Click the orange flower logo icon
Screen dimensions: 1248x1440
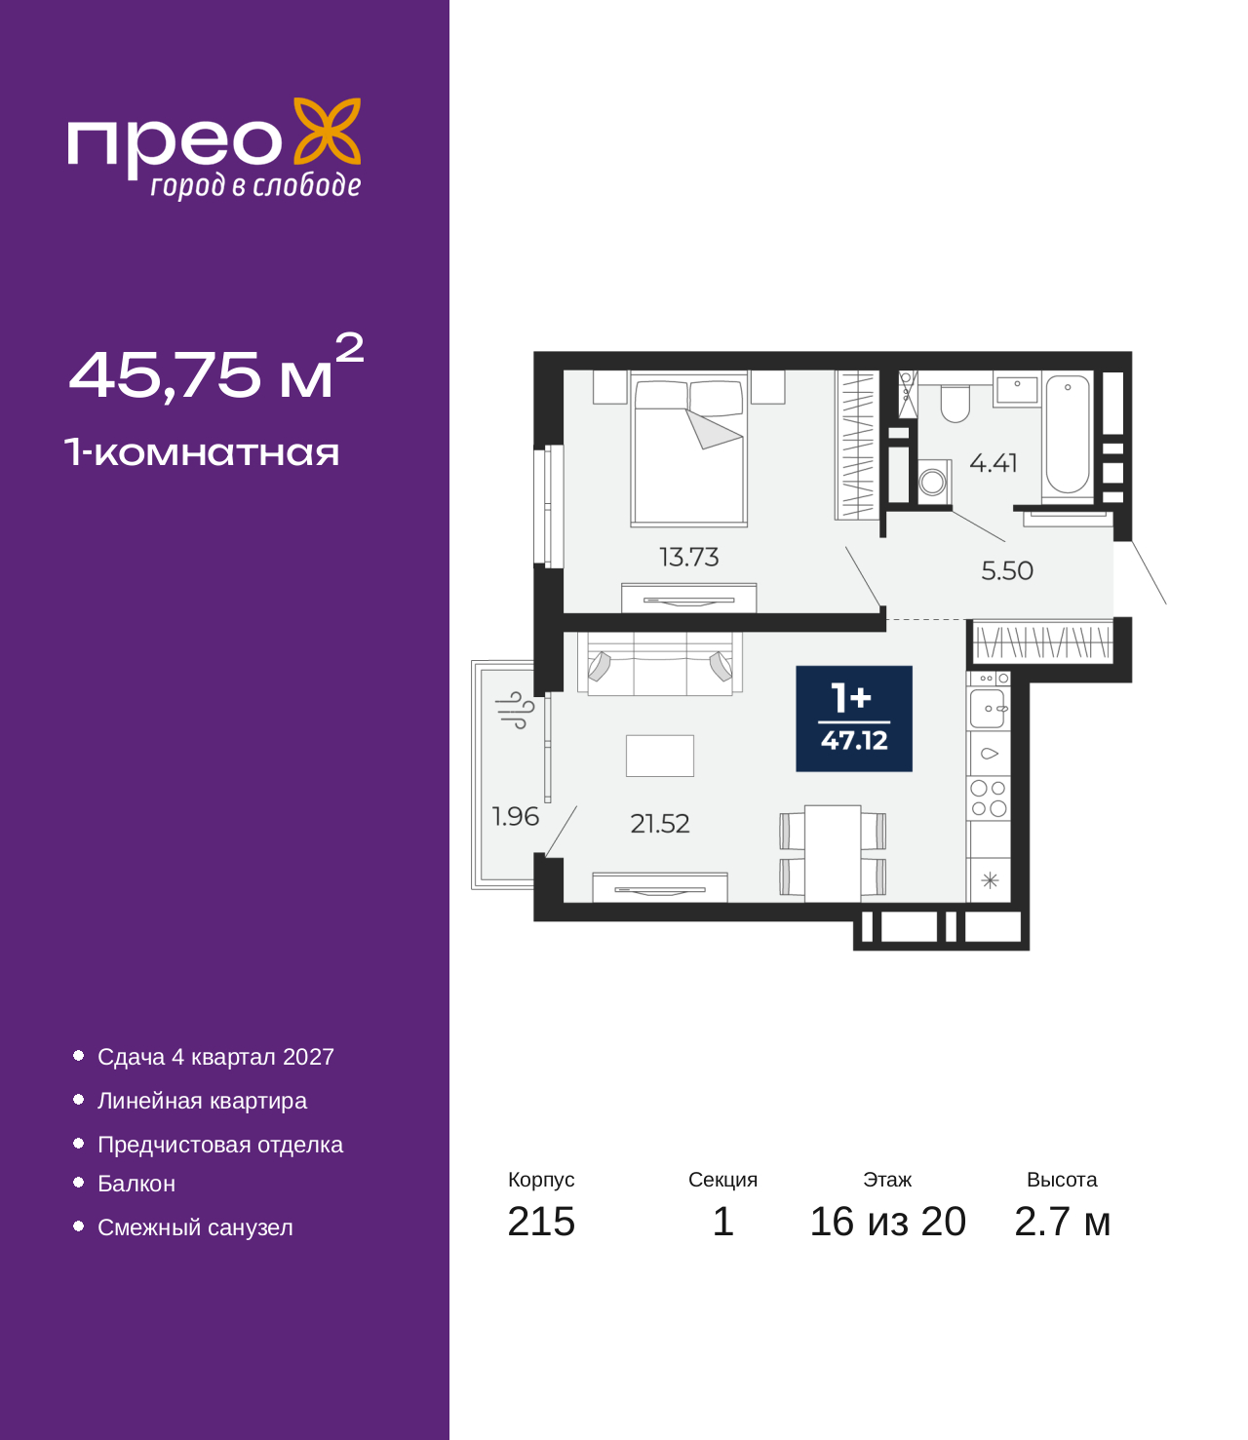[327, 132]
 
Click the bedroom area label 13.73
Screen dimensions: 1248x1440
[688, 558]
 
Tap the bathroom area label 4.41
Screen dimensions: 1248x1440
[993, 462]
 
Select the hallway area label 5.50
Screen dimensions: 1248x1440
[1007, 570]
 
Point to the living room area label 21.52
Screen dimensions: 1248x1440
[660, 824]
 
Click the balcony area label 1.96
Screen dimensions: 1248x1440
[516, 816]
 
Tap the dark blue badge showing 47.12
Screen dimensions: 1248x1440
[853, 719]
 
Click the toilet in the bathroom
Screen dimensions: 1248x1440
[955, 404]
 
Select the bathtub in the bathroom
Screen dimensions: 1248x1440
[1067, 435]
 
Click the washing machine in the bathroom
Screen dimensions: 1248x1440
[932, 480]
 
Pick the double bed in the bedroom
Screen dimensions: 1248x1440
[688, 448]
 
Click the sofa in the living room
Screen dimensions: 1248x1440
[660, 663]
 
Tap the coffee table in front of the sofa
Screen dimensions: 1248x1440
[660, 756]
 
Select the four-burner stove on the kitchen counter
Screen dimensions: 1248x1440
[988, 798]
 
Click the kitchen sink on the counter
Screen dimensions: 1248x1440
[988, 709]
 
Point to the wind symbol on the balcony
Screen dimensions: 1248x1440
[515, 711]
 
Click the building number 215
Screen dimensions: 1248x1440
[541, 1222]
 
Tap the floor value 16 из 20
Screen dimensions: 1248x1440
[888, 1222]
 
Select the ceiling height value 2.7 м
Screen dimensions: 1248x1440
[1062, 1222]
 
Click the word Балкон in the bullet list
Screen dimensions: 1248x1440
[136, 1184]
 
